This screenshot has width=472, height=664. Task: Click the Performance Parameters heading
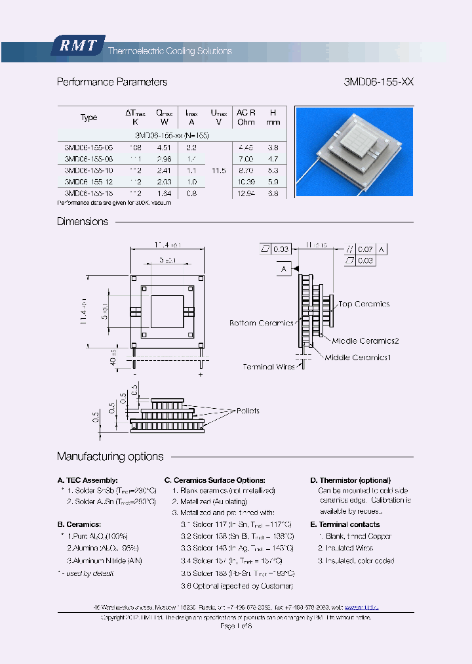[112, 82]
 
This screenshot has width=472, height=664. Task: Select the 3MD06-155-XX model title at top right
[379, 82]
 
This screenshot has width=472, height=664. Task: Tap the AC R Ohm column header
[246, 117]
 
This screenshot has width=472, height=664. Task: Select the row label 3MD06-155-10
[88, 170]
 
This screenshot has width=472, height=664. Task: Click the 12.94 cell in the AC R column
[246, 193]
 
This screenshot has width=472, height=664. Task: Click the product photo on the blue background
[354, 151]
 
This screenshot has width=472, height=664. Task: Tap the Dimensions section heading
[83, 222]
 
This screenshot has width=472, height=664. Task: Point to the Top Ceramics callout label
[364, 304]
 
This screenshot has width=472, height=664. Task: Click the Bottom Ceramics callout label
[260, 323]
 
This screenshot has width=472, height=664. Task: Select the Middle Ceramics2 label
[365, 341]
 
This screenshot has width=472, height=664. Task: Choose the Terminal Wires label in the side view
[269, 367]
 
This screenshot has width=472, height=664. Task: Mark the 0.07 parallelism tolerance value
[366, 249]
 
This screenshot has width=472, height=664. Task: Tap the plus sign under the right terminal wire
[201, 374]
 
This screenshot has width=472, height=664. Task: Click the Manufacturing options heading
[110, 457]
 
